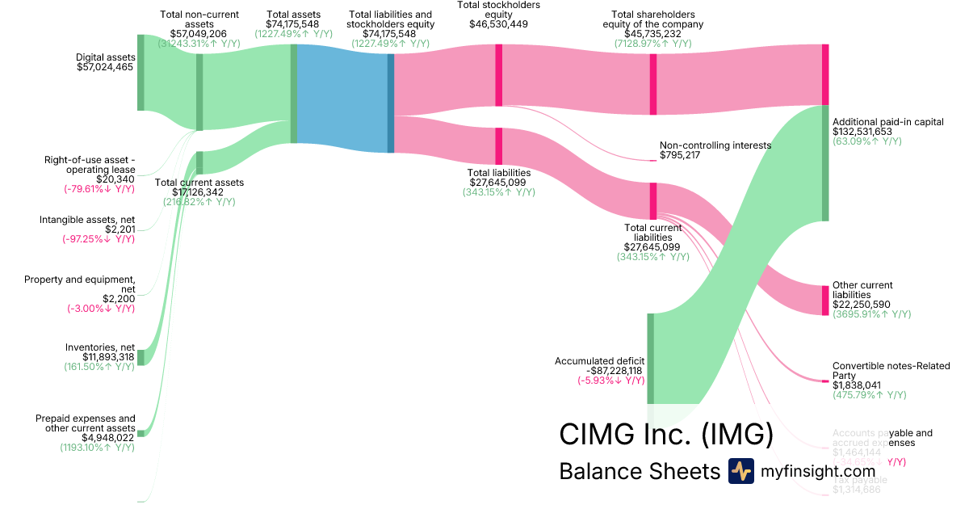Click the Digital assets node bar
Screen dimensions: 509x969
click(x=141, y=73)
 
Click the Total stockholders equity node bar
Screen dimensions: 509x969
click(x=499, y=75)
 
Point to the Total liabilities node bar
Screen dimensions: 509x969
click(x=499, y=145)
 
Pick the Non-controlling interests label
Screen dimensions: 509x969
click(x=715, y=145)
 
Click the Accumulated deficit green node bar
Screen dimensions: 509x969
click(x=650, y=358)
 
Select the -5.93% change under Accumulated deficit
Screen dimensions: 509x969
click(x=610, y=381)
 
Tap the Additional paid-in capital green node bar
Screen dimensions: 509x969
click(x=825, y=162)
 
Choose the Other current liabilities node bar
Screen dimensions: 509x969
click(x=825, y=299)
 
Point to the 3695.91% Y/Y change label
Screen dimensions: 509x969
click(x=871, y=314)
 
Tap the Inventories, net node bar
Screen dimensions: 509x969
click(x=141, y=357)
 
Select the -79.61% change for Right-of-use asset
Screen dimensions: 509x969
click(x=99, y=189)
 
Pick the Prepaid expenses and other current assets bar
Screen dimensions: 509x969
click(x=141, y=433)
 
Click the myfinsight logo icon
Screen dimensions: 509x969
click(x=740, y=471)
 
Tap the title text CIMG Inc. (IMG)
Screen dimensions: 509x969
click(x=666, y=435)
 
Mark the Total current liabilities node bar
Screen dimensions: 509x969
click(x=653, y=199)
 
